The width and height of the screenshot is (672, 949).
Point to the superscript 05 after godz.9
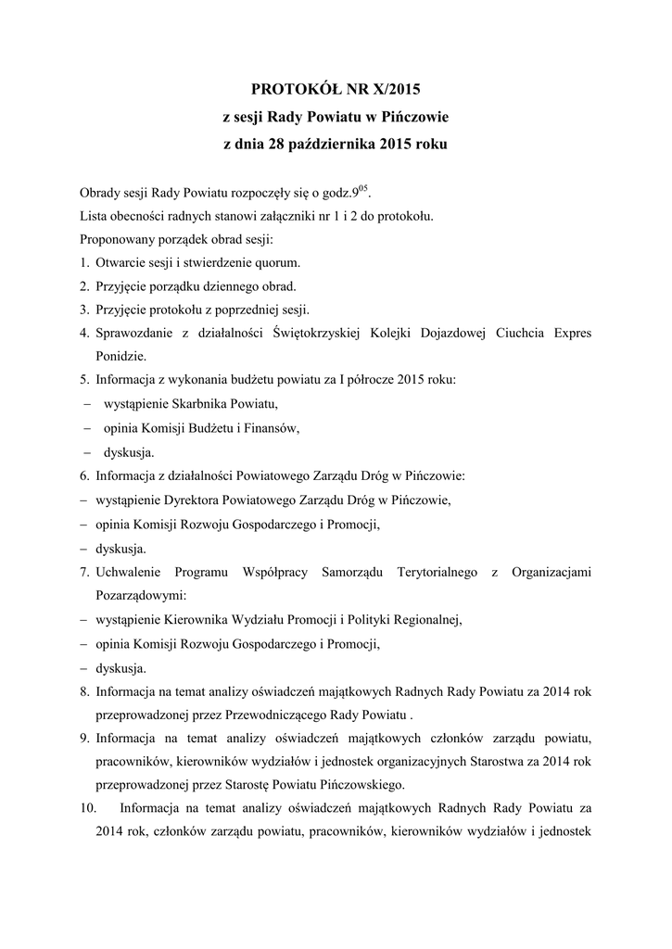[x=363, y=189]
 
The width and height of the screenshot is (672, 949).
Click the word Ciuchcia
[x=513, y=334]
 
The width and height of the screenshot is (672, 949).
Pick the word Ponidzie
[x=121, y=357]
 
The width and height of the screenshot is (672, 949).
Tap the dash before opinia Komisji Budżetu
[x=85, y=429]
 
